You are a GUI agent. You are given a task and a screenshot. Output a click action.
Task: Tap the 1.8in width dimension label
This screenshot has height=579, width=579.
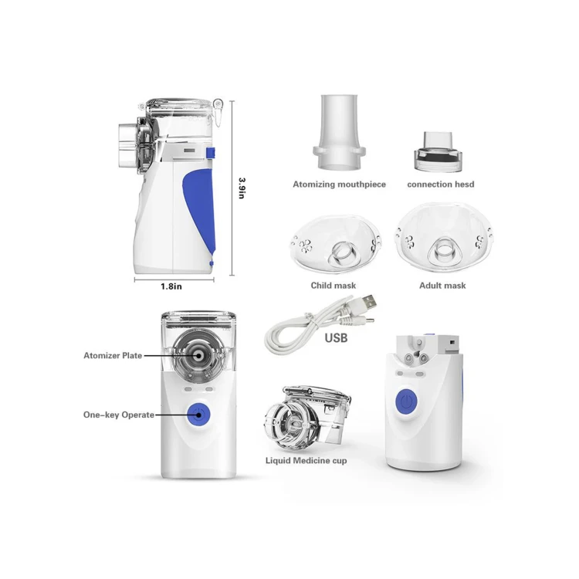(x=171, y=286)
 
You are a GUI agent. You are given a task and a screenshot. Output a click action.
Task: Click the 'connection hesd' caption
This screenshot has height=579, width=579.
(x=441, y=185)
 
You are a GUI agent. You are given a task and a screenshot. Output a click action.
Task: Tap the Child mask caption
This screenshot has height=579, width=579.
(x=334, y=286)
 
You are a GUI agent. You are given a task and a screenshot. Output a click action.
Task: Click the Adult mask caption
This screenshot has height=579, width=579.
(x=442, y=286)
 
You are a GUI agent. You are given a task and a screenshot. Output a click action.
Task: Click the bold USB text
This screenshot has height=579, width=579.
(x=336, y=337)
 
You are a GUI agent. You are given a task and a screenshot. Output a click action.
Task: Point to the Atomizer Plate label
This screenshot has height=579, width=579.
(x=113, y=356)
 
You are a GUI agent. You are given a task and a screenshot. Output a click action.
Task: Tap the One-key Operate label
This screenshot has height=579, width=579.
(x=119, y=415)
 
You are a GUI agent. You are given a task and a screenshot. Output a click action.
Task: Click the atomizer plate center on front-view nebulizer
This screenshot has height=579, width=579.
(x=198, y=357)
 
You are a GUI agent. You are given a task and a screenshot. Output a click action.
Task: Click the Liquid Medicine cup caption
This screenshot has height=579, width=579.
(x=306, y=461)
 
